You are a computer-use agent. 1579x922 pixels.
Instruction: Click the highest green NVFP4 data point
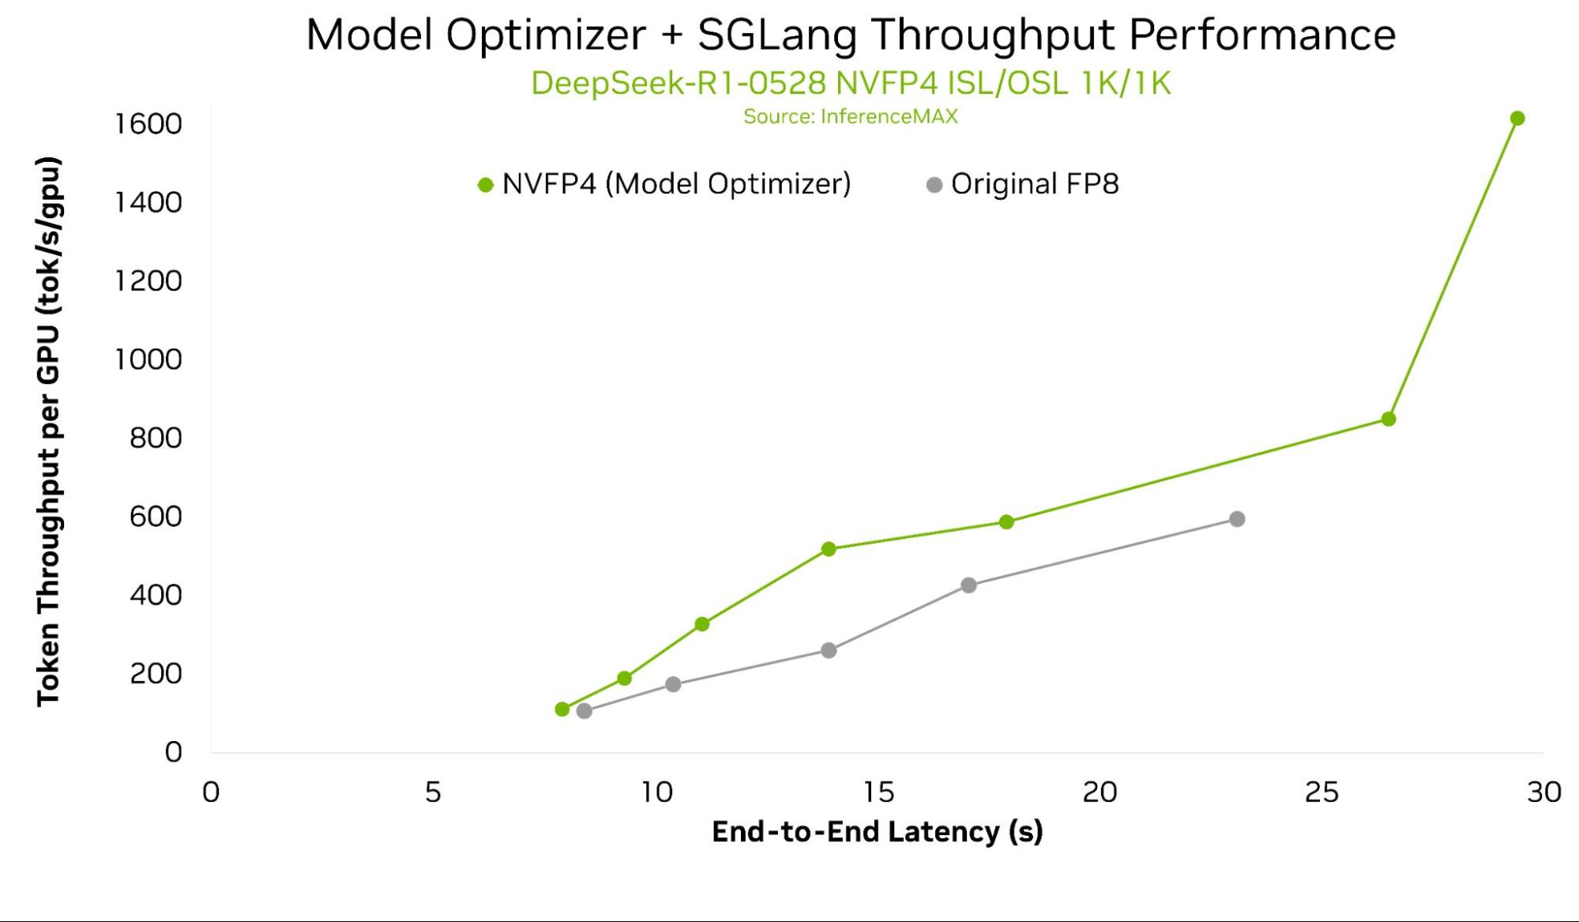click(1517, 119)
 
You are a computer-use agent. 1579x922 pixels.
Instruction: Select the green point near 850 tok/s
click(1389, 419)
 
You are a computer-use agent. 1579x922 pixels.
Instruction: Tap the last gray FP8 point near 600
click(1238, 519)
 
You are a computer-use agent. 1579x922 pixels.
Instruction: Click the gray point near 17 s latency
click(969, 585)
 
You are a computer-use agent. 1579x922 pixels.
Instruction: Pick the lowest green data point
click(562, 709)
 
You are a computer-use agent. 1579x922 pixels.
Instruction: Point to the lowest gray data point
click(585, 711)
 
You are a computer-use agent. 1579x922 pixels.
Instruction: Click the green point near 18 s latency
click(1006, 522)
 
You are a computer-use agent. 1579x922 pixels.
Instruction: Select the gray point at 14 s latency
click(829, 650)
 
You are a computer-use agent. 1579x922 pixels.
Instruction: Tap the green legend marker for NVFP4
click(486, 185)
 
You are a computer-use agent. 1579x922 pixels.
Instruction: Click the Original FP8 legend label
click(1034, 184)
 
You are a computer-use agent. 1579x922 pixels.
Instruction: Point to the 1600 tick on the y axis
click(148, 124)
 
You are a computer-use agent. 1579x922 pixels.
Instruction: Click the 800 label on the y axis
click(156, 438)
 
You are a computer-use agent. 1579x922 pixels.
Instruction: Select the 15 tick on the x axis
click(878, 792)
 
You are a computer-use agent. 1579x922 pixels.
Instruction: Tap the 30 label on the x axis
click(1543, 792)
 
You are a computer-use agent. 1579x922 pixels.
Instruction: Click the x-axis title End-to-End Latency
click(877, 832)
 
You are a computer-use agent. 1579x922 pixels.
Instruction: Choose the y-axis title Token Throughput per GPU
click(49, 431)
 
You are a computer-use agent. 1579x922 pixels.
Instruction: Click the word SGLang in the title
click(776, 35)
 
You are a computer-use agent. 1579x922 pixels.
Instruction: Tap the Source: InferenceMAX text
click(850, 117)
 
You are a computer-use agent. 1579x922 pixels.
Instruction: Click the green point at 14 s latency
click(829, 549)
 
